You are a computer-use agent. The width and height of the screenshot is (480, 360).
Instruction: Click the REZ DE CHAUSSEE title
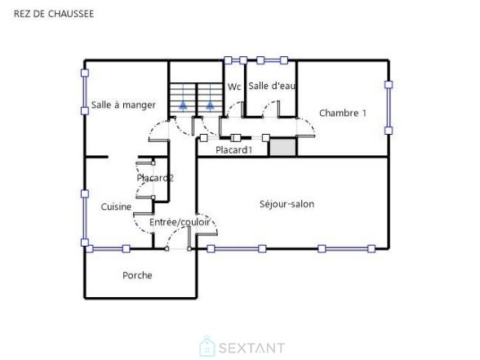click(54, 14)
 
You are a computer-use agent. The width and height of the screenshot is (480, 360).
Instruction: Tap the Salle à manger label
click(123, 105)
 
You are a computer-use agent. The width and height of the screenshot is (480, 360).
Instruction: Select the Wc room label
click(234, 87)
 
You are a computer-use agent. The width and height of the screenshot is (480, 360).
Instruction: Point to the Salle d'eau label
click(272, 86)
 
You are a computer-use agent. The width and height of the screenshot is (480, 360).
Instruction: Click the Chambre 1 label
click(343, 113)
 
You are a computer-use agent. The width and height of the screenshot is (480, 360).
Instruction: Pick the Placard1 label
click(233, 150)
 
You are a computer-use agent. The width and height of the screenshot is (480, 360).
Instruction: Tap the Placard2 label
click(155, 178)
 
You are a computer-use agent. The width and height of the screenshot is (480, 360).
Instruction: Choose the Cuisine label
click(116, 207)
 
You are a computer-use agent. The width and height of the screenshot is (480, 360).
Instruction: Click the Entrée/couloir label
click(180, 222)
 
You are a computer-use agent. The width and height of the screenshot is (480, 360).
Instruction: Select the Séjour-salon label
click(287, 204)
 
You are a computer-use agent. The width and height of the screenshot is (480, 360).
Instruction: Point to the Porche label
click(137, 275)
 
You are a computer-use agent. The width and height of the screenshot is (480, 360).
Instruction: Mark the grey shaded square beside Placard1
click(282, 147)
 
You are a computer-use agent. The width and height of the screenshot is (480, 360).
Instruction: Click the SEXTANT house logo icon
click(207, 346)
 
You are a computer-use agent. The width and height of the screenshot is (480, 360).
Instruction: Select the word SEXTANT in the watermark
click(251, 348)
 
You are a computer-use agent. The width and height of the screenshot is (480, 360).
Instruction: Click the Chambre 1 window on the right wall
click(389, 108)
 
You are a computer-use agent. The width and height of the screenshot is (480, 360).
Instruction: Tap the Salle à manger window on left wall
click(85, 91)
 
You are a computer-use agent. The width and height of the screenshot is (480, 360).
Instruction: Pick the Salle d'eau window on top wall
click(272, 60)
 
